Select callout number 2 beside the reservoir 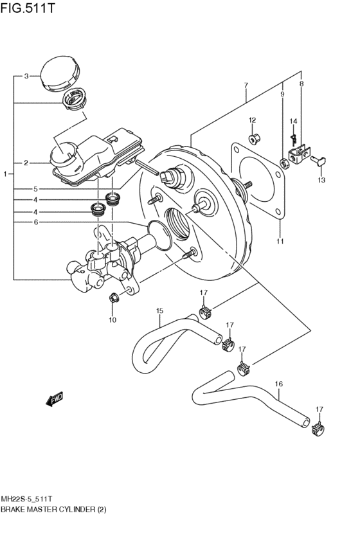[26, 163]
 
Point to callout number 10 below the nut [113, 319]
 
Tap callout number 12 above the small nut [252, 120]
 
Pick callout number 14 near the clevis [292, 121]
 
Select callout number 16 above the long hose [278, 384]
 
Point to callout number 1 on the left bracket [5, 174]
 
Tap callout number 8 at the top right [301, 84]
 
